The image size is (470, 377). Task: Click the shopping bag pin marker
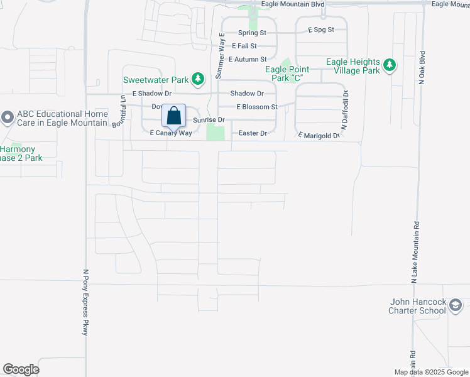click(x=174, y=117)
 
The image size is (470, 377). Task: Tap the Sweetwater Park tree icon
click(x=199, y=79)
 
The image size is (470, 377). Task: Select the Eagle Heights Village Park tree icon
click(x=390, y=65)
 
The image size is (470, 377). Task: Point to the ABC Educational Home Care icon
click(x=8, y=117)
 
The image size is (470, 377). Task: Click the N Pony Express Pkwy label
click(x=86, y=302)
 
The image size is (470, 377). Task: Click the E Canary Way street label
click(x=170, y=133)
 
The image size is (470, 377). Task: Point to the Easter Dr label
click(x=253, y=133)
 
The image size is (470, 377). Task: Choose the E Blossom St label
click(x=257, y=107)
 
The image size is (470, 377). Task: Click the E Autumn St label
click(x=248, y=59)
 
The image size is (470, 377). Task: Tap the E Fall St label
click(x=244, y=46)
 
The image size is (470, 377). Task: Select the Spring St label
click(x=253, y=33)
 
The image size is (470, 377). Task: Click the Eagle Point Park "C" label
click(x=288, y=74)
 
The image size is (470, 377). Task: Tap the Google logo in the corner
click(x=21, y=369)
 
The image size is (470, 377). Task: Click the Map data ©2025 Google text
click(x=430, y=372)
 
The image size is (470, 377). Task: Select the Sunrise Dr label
click(x=209, y=119)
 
